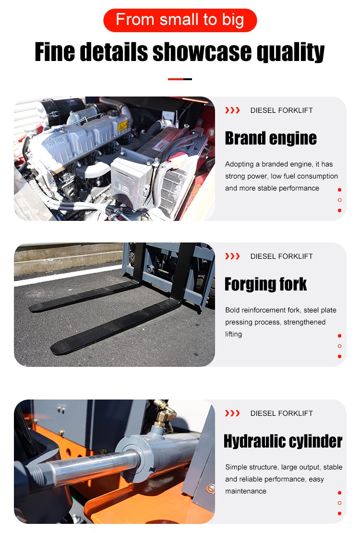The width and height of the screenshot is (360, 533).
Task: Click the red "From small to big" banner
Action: click(180, 20)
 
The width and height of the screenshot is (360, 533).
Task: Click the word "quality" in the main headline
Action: click(290, 52)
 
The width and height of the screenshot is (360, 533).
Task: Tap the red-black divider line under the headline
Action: click(180, 79)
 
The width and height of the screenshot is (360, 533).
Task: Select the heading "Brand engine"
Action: click(271, 138)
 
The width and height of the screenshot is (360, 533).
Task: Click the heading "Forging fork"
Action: click(265, 284)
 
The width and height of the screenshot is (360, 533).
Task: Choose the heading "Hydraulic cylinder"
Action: click(283, 441)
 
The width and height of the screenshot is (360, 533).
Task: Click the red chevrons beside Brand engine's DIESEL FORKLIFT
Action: click(232, 110)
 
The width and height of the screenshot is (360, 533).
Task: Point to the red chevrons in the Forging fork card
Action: click(232, 256)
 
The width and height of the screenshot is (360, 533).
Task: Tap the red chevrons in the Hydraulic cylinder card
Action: click(232, 413)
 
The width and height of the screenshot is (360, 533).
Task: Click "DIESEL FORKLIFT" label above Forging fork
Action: click(281, 256)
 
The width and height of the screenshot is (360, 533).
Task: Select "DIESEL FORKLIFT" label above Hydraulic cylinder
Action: click(281, 413)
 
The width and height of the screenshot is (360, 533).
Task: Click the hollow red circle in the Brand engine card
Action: click(339, 200)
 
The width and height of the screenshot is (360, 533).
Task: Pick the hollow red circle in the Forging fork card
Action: click(339, 346)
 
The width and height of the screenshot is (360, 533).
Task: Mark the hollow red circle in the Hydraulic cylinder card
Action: click(339, 503)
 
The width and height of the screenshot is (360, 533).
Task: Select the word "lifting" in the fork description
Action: click(234, 334)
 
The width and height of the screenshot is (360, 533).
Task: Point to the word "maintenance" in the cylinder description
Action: click(246, 491)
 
